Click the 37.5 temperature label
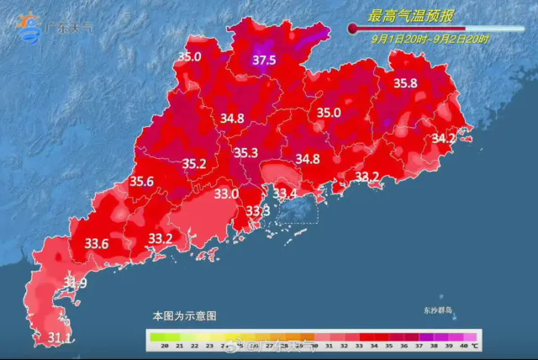pyautogui.click(x=265, y=60)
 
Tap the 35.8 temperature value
pyautogui.click(x=406, y=83)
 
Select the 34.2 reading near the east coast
pyautogui.click(x=443, y=138)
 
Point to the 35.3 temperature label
pyautogui.click(x=245, y=153)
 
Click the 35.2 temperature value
pyautogui.click(x=194, y=163)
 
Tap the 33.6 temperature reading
pyautogui.click(x=98, y=243)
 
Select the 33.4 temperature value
pyautogui.click(x=287, y=193)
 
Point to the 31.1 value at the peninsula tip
pyautogui.click(x=35, y=338)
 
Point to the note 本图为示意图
pyautogui.click(x=184, y=316)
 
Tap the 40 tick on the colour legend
pyautogui.click(x=463, y=346)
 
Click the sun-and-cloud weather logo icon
pyautogui.click(x=29, y=25)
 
